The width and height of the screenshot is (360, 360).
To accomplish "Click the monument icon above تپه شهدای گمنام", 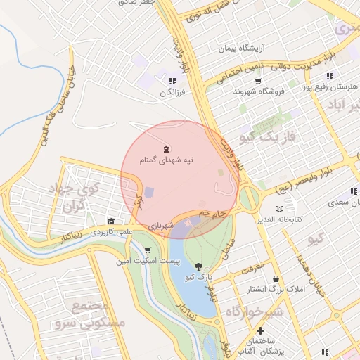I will pyautogui.click(x=166, y=149).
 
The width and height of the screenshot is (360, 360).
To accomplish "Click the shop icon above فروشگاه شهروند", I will pyautogui.click(x=258, y=82).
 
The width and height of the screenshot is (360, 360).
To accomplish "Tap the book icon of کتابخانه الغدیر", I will pyautogui.click(x=281, y=209).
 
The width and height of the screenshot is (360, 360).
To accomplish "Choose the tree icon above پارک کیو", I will pyautogui.click(x=198, y=266).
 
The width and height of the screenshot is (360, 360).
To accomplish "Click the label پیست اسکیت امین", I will pyautogui.click(x=148, y=262).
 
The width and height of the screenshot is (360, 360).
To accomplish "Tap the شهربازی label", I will pyautogui.click(x=160, y=226).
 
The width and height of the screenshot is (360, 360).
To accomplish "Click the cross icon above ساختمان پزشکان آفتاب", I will pyautogui.click(x=260, y=330).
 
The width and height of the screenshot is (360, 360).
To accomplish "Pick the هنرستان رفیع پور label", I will pyautogui.click(x=326, y=87).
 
